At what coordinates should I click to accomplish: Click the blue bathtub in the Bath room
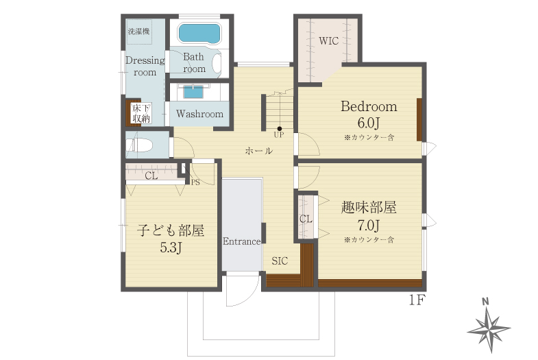click(x=199, y=34)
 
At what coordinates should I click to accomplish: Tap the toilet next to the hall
click(x=139, y=145)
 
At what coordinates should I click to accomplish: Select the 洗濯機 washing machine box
click(x=139, y=32)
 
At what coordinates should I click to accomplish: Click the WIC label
click(x=328, y=41)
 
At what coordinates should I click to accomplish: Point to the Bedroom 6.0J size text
click(x=369, y=123)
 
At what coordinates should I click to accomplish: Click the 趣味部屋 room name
click(x=369, y=208)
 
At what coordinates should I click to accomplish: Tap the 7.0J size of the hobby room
click(x=369, y=226)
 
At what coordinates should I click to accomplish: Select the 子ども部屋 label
click(x=171, y=230)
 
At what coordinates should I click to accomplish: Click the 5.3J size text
click(x=171, y=248)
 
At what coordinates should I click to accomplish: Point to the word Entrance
click(x=241, y=241)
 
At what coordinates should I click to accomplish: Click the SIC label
click(x=280, y=261)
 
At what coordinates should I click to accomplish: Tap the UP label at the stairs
click(x=279, y=135)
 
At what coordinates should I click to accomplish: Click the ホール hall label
click(x=259, y=151)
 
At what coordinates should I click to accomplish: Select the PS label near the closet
click(x=195, y=182)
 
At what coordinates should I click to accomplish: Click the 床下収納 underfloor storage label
click(x=142, y=114)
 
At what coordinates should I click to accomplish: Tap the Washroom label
click(x=199, y=114)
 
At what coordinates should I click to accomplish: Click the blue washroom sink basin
click(x=193, y=92)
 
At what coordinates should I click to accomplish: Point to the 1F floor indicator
click(x=417, y=300)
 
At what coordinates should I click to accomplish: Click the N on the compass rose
click(x=485, y=302)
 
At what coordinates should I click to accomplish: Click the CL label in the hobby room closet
click(x=306, y=219)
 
